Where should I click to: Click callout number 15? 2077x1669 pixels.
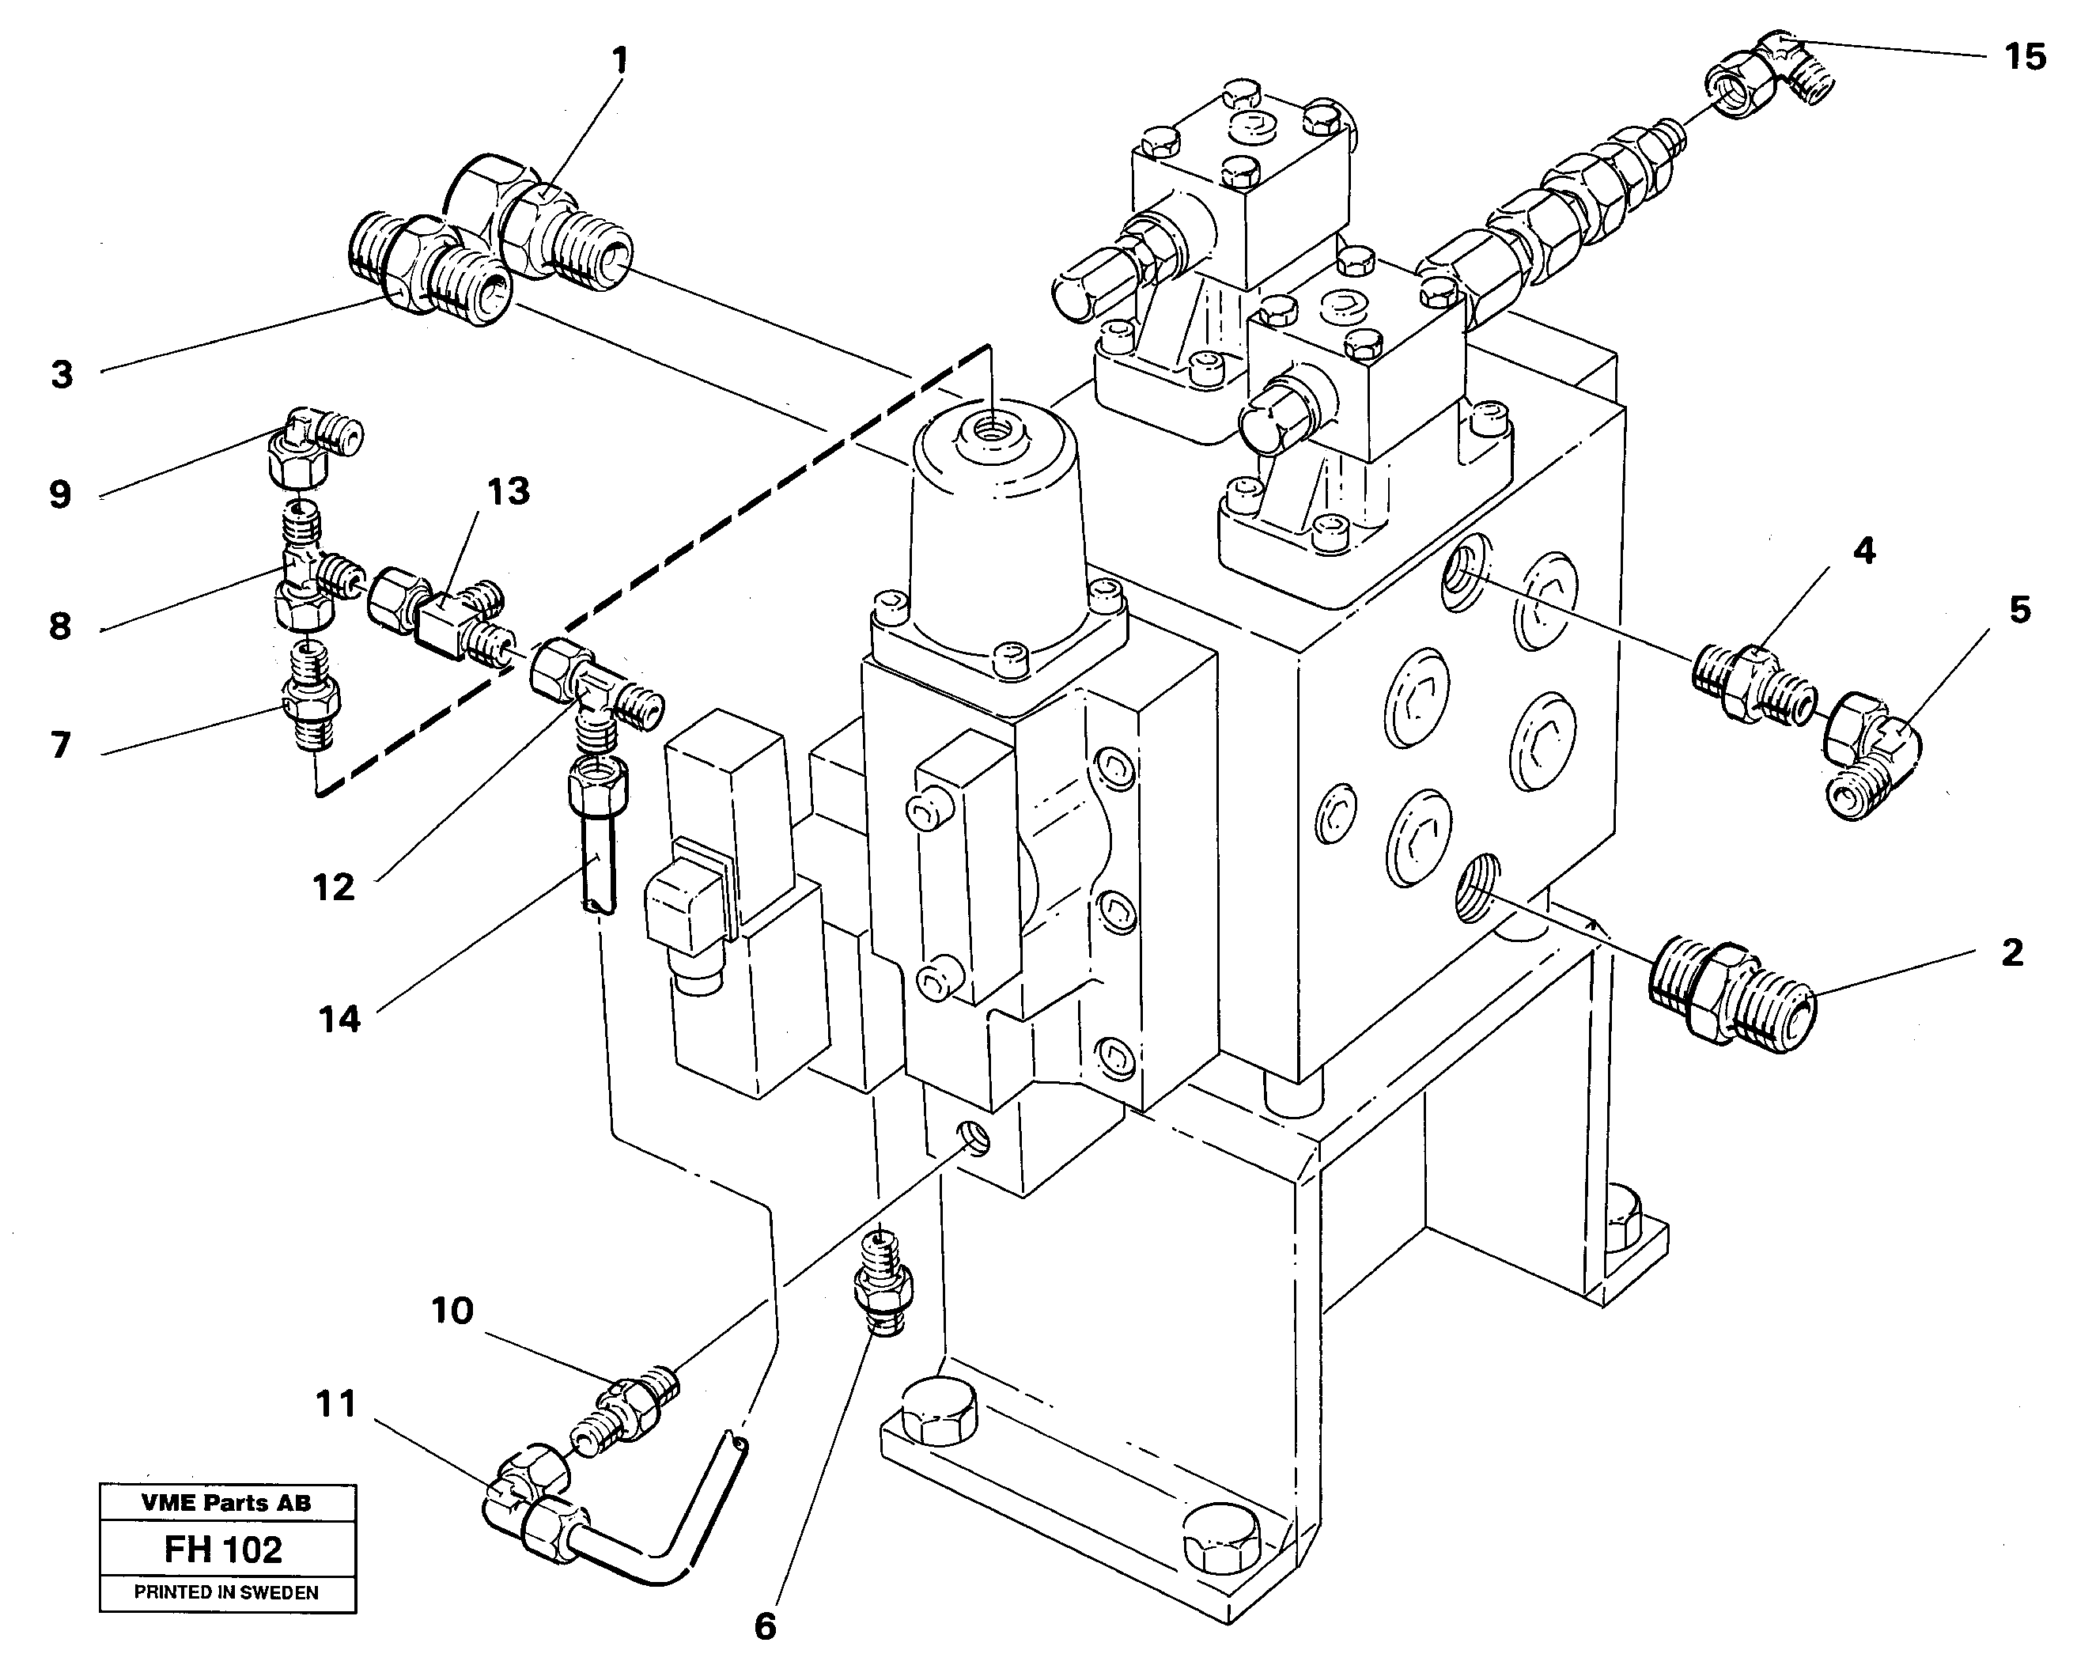point(2024,57)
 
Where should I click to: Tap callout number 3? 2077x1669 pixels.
point(62,375)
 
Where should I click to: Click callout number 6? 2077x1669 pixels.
point(764,1628)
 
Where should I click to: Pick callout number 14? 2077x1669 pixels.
point(339,1019)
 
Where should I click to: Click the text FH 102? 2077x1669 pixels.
point(224,1550)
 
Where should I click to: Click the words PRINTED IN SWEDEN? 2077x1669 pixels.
point(225,1593)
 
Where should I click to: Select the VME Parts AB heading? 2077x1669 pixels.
point(225,1502)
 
